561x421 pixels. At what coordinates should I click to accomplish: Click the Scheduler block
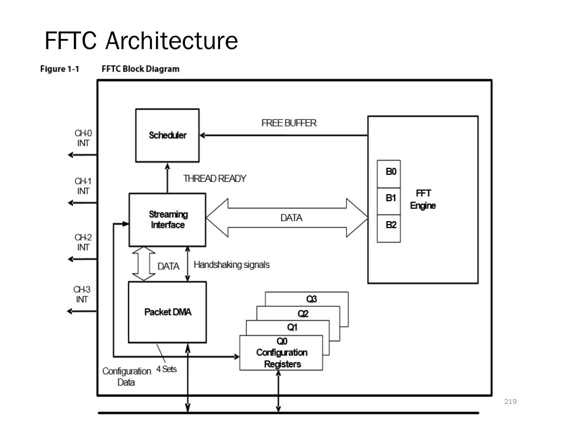coord(167,135)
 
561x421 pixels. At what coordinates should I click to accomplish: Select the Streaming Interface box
coord(168,219)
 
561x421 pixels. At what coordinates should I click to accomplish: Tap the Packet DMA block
coord(168,312)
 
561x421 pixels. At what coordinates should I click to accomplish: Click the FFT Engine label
coord(423,199)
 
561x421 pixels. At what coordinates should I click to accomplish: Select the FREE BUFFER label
coord(289,123)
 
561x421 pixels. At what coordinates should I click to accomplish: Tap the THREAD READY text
coord(215,179)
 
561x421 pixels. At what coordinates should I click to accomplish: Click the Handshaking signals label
coord(231,265)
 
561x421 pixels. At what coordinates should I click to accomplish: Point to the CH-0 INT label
coord(83,138)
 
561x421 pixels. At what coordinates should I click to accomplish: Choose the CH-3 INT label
coord(82,294)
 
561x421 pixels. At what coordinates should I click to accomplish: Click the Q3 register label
coord(311,299)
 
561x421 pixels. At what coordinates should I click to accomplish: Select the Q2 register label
coord(303,313)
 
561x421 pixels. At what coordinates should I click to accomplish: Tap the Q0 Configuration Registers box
coord(281,353)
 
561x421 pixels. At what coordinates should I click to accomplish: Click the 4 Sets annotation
coord(166,369)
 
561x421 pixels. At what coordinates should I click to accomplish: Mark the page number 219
coord(510,402)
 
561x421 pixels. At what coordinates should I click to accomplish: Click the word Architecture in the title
coord(171,41)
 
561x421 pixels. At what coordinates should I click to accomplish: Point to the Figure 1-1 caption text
coord(60,69)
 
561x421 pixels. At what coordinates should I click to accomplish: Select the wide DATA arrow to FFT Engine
coord(287,218)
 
